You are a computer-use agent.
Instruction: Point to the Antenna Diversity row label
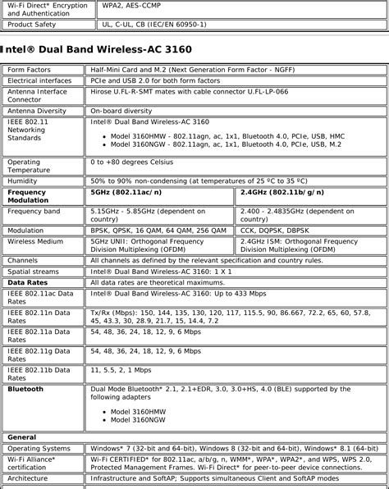[x=39, y=109]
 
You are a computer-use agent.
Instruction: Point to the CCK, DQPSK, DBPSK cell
[x=275, y=231]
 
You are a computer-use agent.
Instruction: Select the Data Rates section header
[x=27, y=281]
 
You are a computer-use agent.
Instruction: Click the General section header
[x=23, y=437]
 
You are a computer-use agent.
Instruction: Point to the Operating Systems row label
[x=39, y=449]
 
